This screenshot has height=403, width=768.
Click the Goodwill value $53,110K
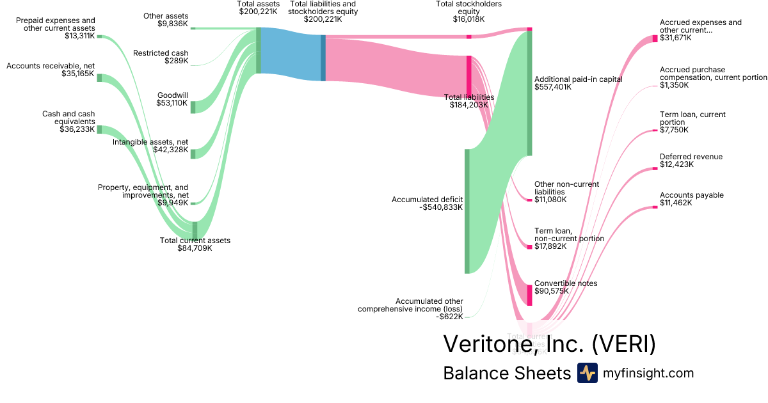tap(172, 103)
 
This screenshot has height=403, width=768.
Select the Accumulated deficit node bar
tap(467, 211)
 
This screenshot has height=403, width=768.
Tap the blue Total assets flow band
tap(291, 54)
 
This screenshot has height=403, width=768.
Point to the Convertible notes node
tap(529, 295)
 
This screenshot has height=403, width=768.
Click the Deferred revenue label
tap(691, 157)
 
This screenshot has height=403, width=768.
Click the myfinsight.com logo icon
tap(587, 373)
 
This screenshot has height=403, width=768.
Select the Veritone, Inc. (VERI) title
tap(549, 344)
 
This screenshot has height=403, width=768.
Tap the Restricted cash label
tap(161, 53)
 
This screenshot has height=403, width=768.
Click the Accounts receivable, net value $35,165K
tap(77, 74)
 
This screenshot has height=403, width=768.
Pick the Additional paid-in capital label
tap(578, 79)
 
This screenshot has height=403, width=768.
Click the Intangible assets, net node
tap(193, 154)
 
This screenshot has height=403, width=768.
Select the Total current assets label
tap(195, 241)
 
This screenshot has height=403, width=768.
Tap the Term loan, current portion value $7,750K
tap(674, 130)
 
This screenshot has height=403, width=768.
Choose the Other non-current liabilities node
tap(529, 200)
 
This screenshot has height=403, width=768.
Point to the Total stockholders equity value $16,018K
tap(468, 19)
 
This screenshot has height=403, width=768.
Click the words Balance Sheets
tap(506, 373)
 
